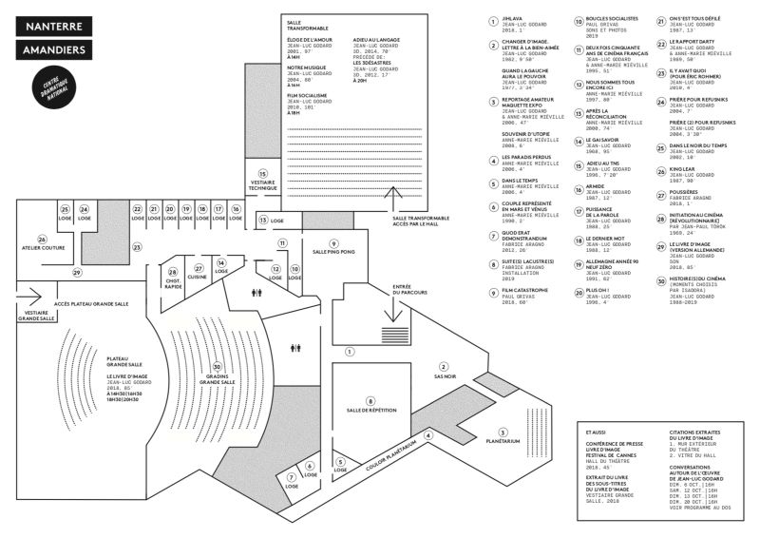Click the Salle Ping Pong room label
pos(334,251)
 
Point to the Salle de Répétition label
pos(370,410)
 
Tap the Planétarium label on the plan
pos(503,441)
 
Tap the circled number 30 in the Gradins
pos(218,367)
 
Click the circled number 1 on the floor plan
pos(350,351)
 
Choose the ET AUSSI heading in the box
pos(596,432)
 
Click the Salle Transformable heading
pos(306,23)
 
